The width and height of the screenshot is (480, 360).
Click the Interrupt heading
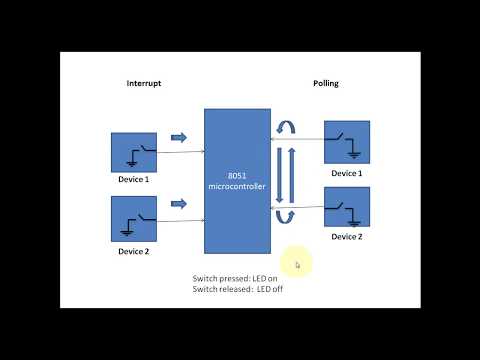coord(144,83)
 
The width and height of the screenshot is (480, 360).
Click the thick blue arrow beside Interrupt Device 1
coord(178,138)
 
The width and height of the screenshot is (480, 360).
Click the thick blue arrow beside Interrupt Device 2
coord(178,205)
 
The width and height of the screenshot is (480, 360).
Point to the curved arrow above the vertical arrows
coord(285,127)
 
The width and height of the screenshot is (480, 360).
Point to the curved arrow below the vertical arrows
coord(285,217)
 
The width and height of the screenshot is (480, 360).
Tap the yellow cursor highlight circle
coord(297,264)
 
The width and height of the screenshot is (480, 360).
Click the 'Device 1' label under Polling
coord(346,173)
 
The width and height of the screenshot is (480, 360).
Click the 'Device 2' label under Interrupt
coord(133,251)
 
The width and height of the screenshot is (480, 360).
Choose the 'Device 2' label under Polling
coord(346,237)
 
